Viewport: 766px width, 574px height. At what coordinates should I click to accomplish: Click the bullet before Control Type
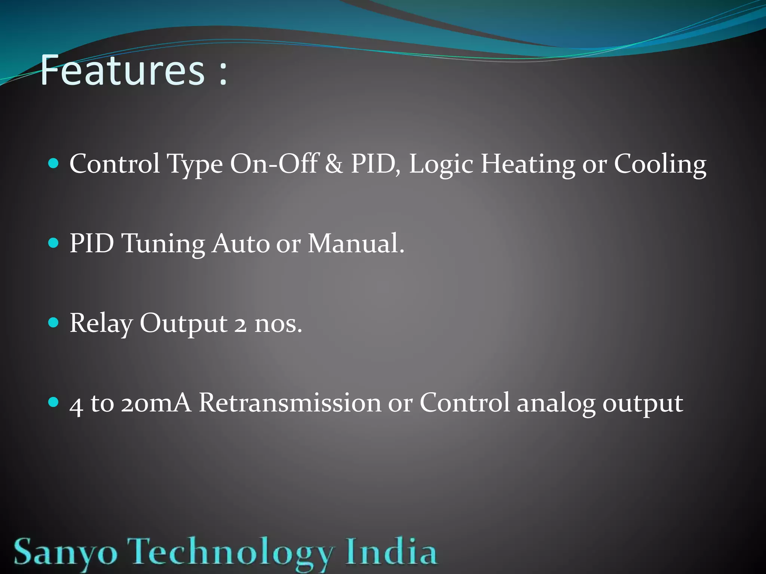[x=54, y=163]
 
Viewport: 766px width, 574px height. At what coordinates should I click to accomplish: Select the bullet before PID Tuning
[x=54, y=243]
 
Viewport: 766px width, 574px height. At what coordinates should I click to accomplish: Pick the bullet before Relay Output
[x=54, y=323]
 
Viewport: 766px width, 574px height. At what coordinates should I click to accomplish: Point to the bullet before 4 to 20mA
[x=54, y=402]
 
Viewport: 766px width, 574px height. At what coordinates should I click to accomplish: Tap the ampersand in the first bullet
[x=334, y=164]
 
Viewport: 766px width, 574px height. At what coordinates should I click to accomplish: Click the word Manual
[x=355, y=243]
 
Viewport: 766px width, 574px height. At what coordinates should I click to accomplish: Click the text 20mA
[x=156, y=403]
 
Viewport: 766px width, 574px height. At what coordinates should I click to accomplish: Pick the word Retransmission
[x=289, y=403]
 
